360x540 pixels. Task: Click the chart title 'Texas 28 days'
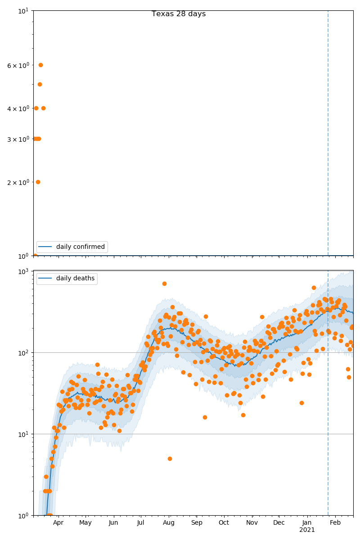click(179, 14)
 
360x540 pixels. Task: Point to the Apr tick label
click(58, 523)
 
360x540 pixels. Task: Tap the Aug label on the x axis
click(169, 523)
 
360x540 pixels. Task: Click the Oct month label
click(224, 523)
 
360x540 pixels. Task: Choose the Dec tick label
click(279, 523)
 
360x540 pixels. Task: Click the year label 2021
click(307, 530)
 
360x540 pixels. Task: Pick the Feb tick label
click(335, 523)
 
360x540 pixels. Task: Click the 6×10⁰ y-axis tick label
click(18, 65)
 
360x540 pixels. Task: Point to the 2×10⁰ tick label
click(18, 182)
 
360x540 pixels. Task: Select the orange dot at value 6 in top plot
click(40, 65)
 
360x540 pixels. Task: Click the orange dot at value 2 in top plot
click(38, 182)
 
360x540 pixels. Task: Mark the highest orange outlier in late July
click(164, 283)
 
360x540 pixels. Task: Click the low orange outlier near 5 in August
click(170, 459)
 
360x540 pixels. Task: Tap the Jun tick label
click(113, 523)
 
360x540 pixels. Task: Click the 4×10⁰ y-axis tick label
click(18, 108)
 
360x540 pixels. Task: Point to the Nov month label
click(252, 523)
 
